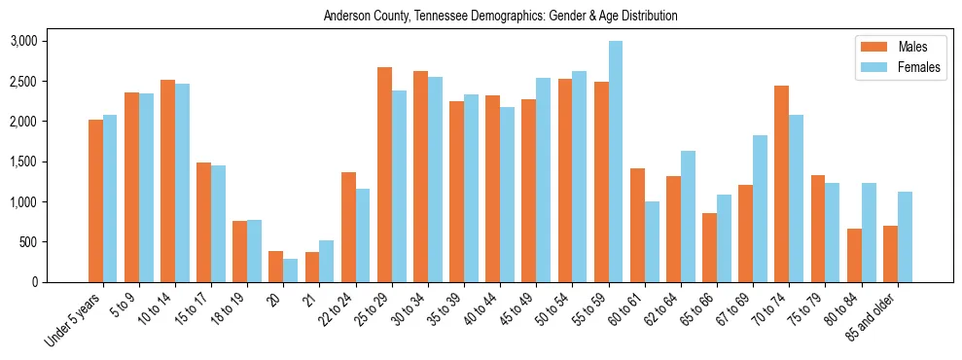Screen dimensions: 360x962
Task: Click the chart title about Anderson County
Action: click(501, 16)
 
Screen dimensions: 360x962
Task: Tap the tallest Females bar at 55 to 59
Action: click(616, 162)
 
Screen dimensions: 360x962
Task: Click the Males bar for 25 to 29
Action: click(384, 175)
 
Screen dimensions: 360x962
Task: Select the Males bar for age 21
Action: click(312, 268)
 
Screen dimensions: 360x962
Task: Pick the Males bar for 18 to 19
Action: click(240, 252)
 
